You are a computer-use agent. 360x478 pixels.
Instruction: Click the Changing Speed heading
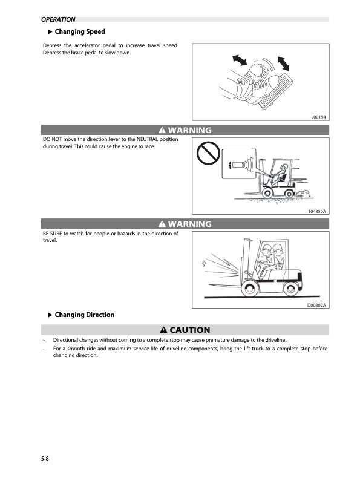pos(80,31)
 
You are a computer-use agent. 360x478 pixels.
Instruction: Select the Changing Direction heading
pos(84,315)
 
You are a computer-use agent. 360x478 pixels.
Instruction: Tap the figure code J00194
pos(319,116)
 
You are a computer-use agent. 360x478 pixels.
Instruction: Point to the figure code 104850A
pos(316,211)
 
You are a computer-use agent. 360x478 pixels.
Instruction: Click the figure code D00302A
pos(316,305)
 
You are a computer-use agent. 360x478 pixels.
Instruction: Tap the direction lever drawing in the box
pos(241,164)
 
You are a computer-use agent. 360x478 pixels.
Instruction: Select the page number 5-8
pos(41,459)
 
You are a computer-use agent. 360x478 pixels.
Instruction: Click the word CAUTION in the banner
pos(190,330)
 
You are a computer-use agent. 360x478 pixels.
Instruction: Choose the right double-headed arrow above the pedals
pos(283,64)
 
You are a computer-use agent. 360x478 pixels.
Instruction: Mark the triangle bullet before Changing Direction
pos(50,315)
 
